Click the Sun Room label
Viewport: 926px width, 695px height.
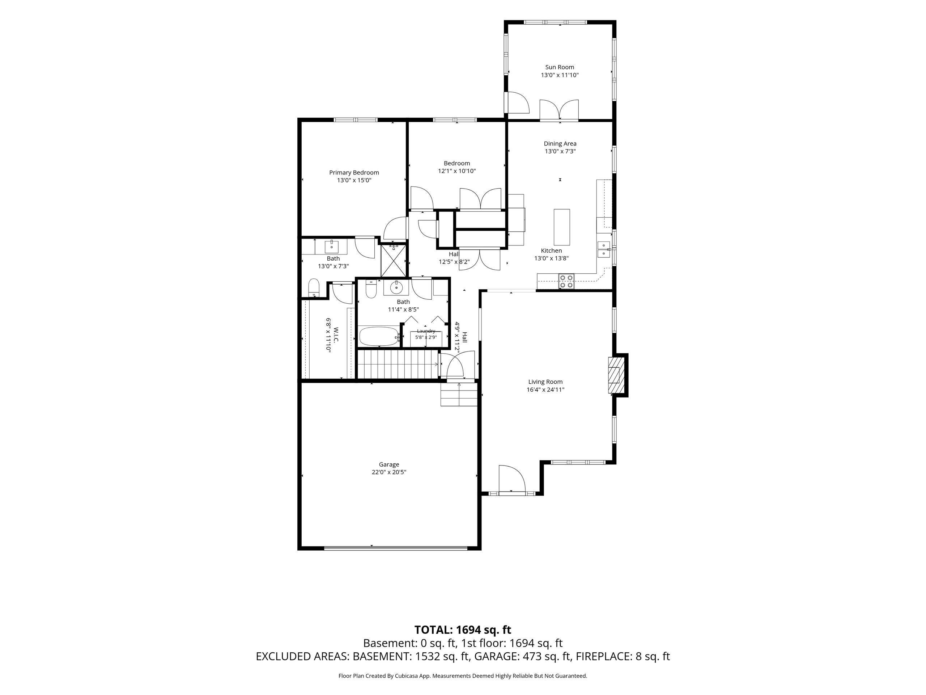(x=559, y=67)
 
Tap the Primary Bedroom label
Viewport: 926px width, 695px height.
(x=354, y=173)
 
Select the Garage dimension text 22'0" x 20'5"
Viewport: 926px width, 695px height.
(x=389, y=472)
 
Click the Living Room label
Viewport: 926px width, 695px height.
(x=545, y=382)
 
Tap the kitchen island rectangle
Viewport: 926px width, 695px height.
(x=562, y=227)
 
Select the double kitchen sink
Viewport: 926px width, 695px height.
(x=604, y=249)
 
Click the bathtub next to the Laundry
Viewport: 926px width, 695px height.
(x=379, y=336)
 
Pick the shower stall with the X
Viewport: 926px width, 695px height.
(x=394, y=261)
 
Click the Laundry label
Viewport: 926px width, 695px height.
(x=426, y=331)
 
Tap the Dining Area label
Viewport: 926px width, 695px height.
(x=560, y=144)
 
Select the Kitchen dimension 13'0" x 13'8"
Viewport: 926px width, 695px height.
(x=551, y=258)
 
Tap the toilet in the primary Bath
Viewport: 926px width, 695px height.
(x=314, y=288)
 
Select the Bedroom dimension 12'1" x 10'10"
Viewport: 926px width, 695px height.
(x=457, y=171)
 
